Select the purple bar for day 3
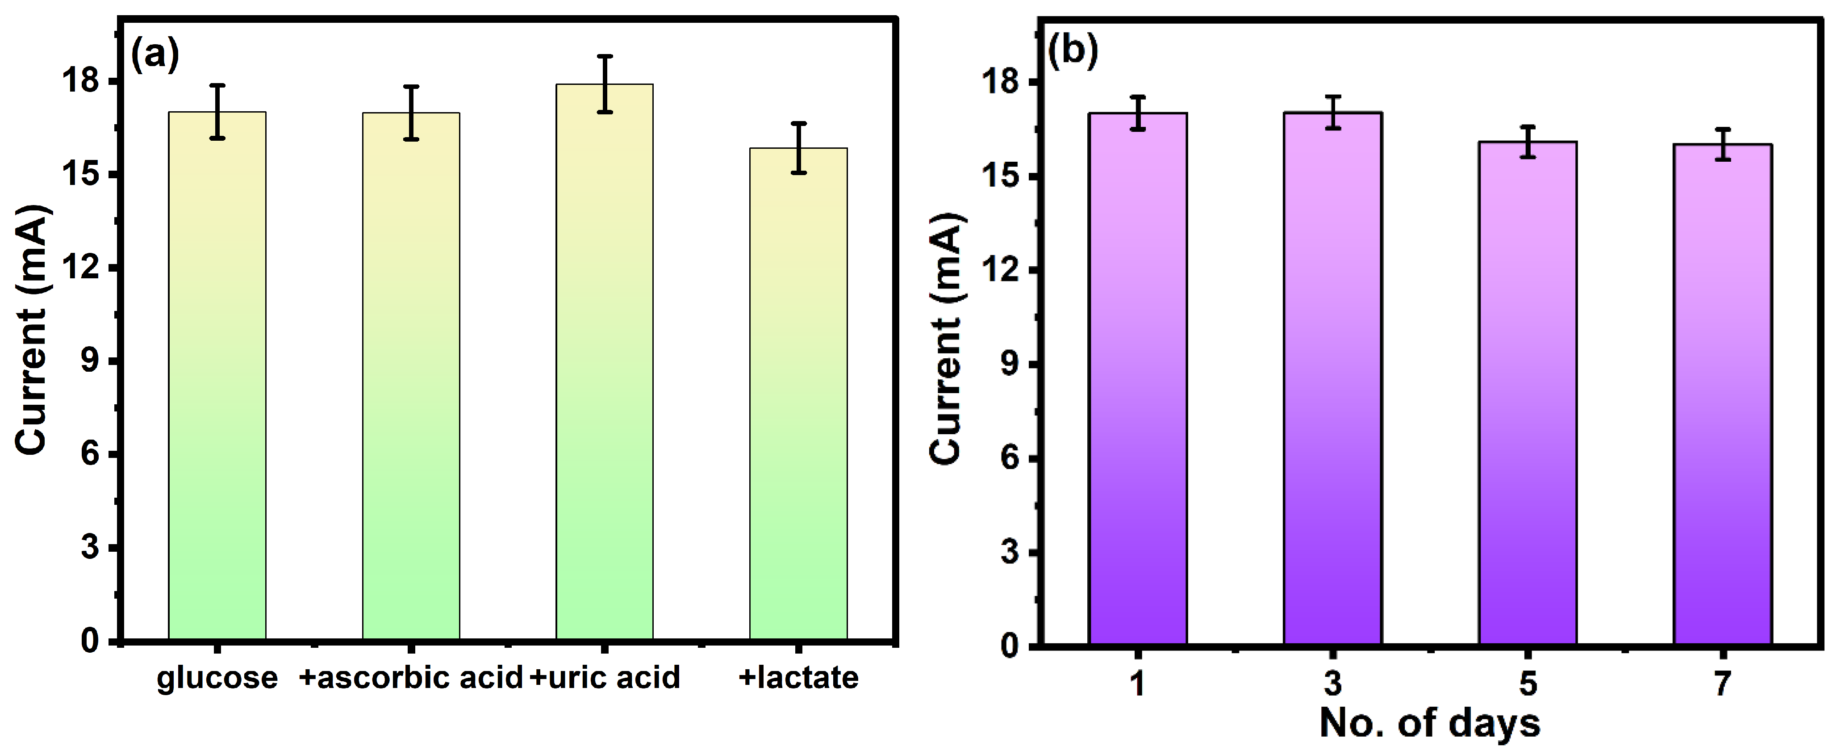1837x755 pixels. [x=1333, y=378]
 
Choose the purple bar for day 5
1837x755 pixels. [x=1528, y=393]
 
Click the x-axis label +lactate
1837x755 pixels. [x=799, y=677]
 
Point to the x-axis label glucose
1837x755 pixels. [x=217, y=677]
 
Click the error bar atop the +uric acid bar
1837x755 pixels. [x=605, y=84]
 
